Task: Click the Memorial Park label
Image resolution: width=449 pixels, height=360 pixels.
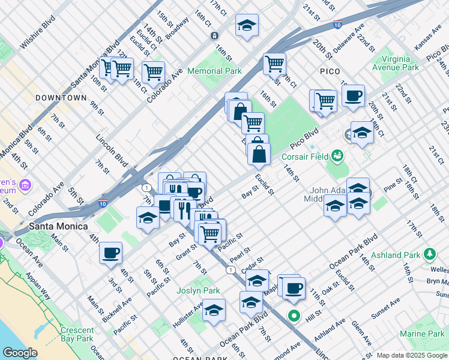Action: coord(214,71)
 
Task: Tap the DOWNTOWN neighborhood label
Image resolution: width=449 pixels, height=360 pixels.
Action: coord(61,97)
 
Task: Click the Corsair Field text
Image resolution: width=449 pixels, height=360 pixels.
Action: coord(305,157)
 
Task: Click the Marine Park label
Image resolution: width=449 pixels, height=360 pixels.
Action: coord(421,334)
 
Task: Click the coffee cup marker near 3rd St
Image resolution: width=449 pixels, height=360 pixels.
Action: coord(110,253)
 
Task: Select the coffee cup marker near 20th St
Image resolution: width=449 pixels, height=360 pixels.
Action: coord(353,95)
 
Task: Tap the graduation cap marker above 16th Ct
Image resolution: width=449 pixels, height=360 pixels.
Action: coord(247,25)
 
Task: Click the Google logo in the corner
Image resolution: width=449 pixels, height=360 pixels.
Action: coord(20,353)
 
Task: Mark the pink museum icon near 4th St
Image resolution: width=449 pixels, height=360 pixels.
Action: coord(25,183)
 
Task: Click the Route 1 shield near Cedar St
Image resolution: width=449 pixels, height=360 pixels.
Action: coord(230,271)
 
